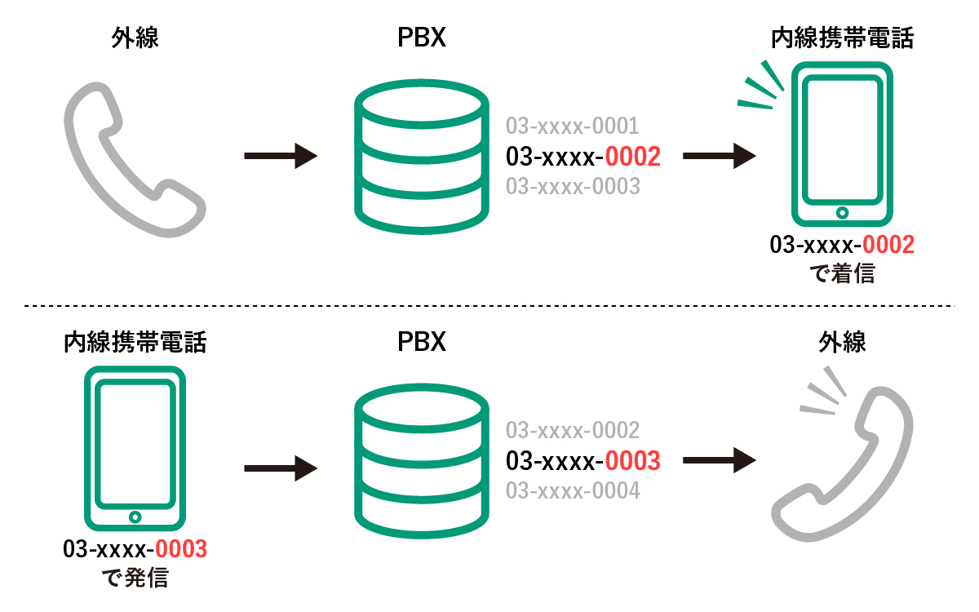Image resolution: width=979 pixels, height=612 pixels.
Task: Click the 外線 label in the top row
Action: pyautogui.click(x=135, y=38)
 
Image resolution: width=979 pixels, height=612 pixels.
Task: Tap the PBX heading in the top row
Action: pyautogui.click(x=421, y=38)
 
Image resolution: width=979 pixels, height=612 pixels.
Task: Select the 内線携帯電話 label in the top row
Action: pyautogui.click(x=842, y=38)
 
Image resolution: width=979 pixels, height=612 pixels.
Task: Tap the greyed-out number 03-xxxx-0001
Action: pyautogui.click(x=572, y=126)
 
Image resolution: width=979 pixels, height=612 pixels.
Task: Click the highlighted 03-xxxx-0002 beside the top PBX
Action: pyautogui.click(x=583, y=157)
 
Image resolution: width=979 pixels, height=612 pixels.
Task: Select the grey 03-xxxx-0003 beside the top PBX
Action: pyautogui.click(x=573, y=186)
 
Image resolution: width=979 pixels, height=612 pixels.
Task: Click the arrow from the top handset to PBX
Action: pyautogui.click(x=281, y=156)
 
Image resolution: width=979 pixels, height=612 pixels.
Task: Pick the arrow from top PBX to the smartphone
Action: pyautogui.click(x=720, y=156)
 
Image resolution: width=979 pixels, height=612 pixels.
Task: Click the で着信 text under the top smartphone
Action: pyautogui.click(x=842, y=273)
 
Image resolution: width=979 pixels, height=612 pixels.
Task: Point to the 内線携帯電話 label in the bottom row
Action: pyautogui.click(x=135, y=342)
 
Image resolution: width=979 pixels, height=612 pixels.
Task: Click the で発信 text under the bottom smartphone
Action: pyautogui.click(x=135, y=578)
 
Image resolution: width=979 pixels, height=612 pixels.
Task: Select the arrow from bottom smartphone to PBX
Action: pyautogui.click(x=281, y=468)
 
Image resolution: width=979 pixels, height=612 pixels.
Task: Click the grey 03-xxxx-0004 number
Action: pyautogui.click(x=573, y=490)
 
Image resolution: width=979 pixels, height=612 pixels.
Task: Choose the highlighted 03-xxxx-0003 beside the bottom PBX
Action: pyautogui.click(x=583, y=461)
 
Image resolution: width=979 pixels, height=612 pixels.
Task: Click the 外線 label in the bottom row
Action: pyautogui.click(x=842, y=342)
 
